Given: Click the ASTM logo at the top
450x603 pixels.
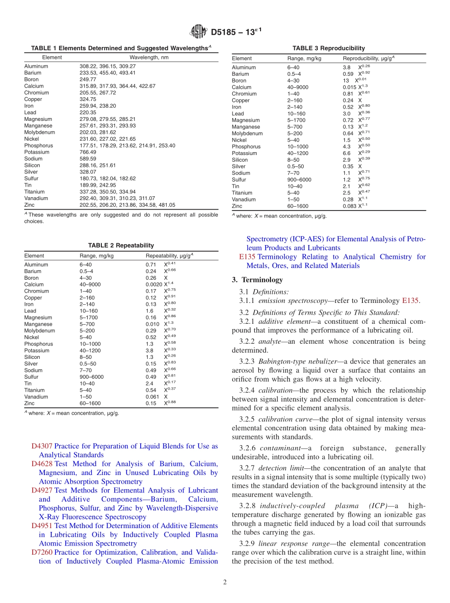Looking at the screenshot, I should (x=198, y=32).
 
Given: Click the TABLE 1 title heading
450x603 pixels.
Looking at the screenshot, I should (x=121, y=48).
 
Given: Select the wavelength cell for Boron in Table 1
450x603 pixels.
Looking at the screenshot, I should (x=88, y=80).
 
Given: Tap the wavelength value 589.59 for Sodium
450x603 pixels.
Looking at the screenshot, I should (x=88, y=159).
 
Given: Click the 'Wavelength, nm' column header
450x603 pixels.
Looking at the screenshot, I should (x=149, y=57).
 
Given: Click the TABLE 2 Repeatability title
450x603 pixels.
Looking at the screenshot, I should (x=121, y=246).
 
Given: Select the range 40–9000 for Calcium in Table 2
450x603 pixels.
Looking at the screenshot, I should (x=89, y=284).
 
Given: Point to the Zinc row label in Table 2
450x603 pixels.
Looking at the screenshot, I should (x=29, y=403).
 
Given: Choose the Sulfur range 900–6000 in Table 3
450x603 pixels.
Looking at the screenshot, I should (x=299, y=180).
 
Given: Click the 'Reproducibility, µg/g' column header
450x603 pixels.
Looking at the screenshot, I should (x=369, y=58).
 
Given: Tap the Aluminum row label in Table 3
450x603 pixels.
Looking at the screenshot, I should (x=243, y=67).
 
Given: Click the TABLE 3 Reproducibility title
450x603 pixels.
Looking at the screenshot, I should (x=328, y=48).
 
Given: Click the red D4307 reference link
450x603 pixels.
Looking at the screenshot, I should (x=42, y=446).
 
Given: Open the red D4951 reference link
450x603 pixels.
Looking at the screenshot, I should (x=42, y=526).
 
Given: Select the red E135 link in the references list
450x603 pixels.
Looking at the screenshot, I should (x=247, y=257).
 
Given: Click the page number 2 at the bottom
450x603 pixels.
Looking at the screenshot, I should (x=225, y=582).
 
